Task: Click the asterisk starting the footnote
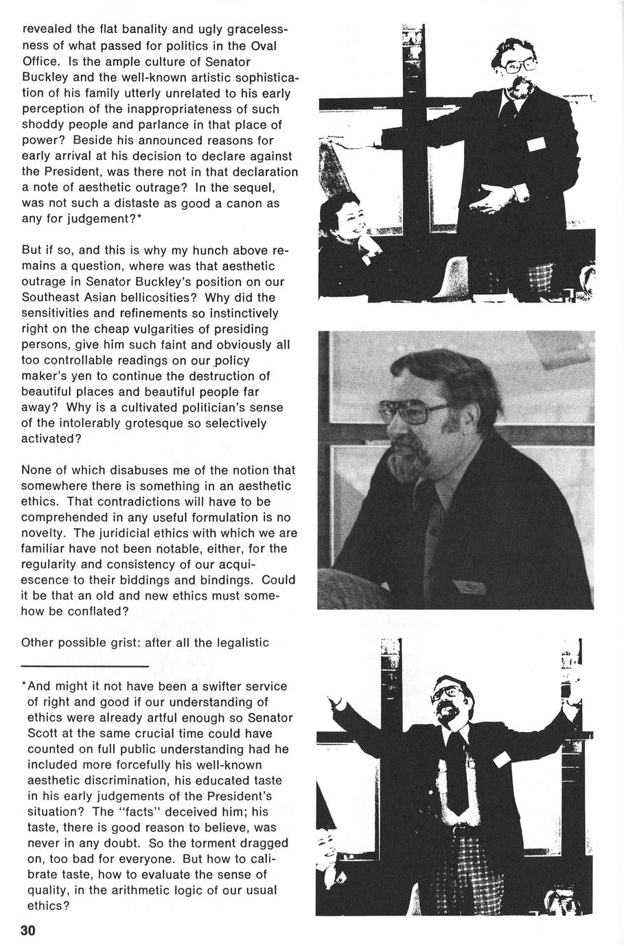pos(25,685)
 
